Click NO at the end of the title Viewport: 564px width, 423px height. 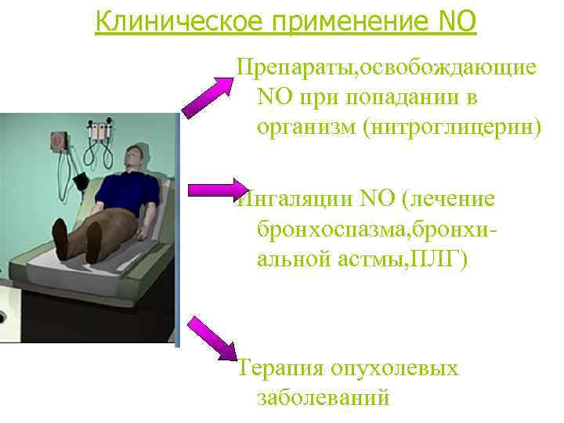454,21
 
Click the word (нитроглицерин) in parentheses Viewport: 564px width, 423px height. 451,127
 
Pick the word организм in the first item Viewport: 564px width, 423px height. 306,127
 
